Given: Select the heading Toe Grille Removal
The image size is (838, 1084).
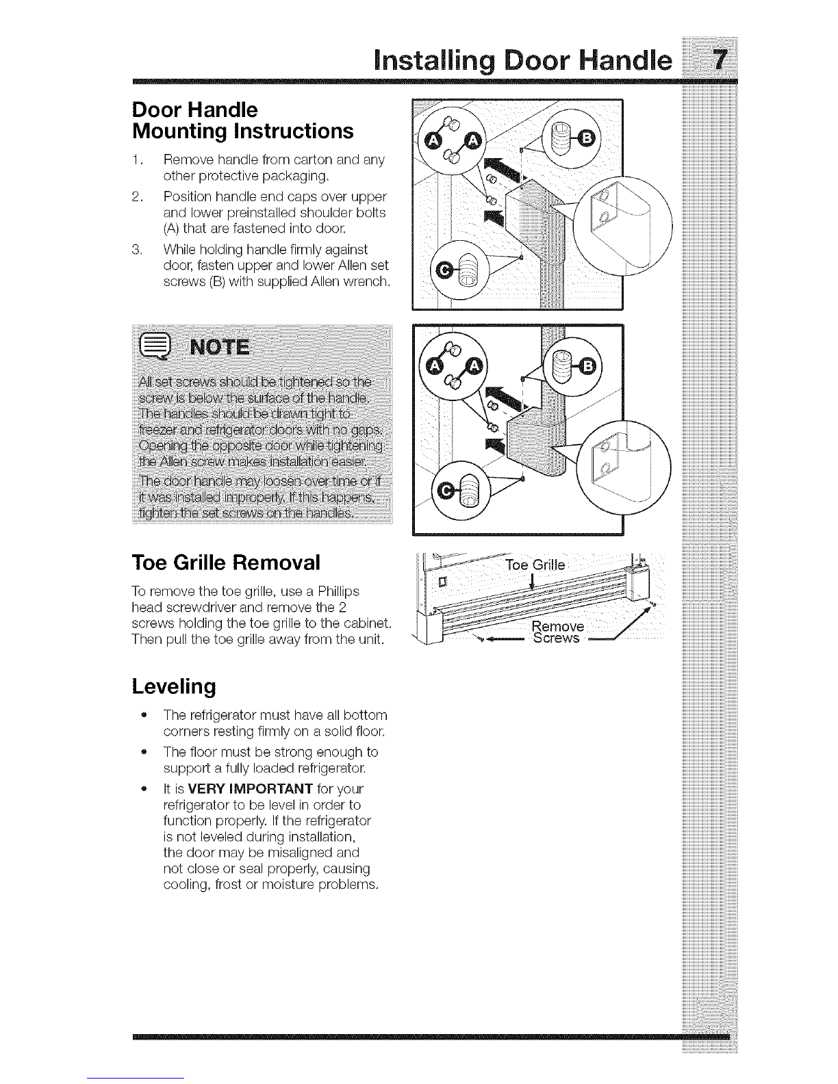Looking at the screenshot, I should (225, 563).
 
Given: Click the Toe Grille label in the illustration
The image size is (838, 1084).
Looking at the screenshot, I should (535, 565).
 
